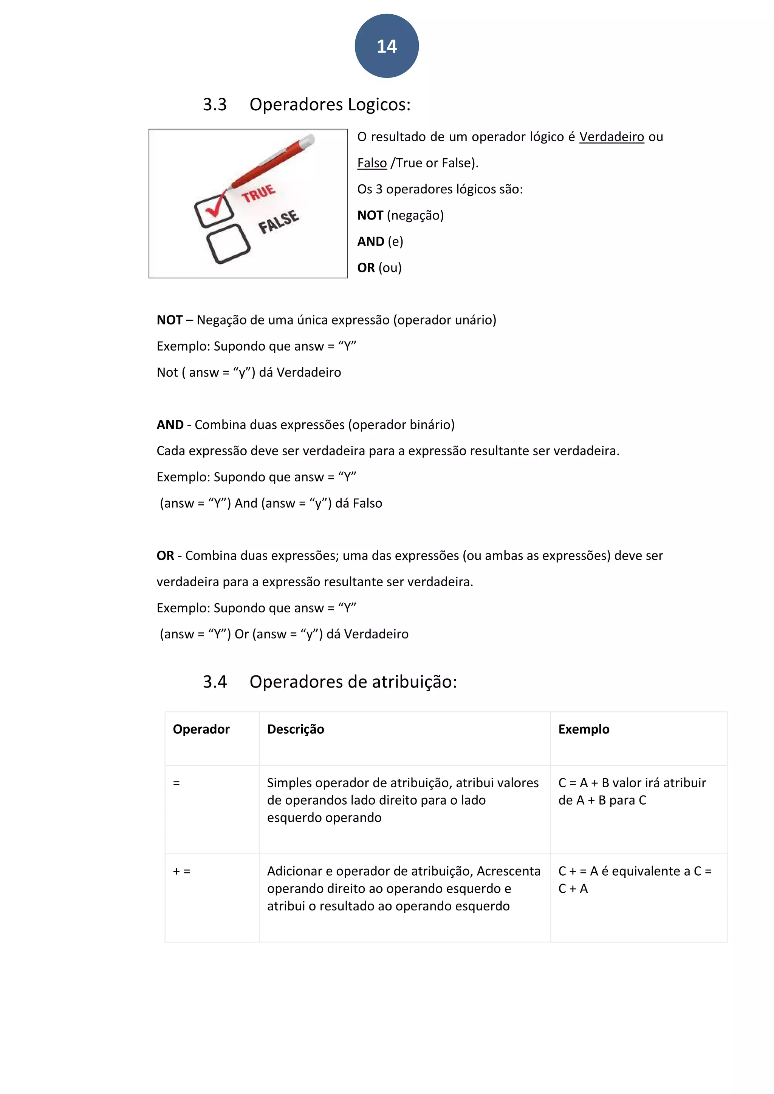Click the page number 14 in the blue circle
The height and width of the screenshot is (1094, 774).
[387, 46]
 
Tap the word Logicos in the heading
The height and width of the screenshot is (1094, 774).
[378, 104]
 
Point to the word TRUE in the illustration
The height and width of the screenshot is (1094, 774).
[259, 193]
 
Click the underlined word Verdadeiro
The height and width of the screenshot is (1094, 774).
[611, 137]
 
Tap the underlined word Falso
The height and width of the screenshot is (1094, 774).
[372, 163]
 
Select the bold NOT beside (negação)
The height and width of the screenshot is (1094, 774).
[370, 215]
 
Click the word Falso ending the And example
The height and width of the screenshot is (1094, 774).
[367, 503]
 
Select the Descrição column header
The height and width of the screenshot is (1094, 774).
[295, 729]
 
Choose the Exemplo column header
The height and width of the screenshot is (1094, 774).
[584, 729]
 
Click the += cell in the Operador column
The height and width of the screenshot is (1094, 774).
[181, 871]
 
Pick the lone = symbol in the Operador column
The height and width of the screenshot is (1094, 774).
[176, 783]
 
